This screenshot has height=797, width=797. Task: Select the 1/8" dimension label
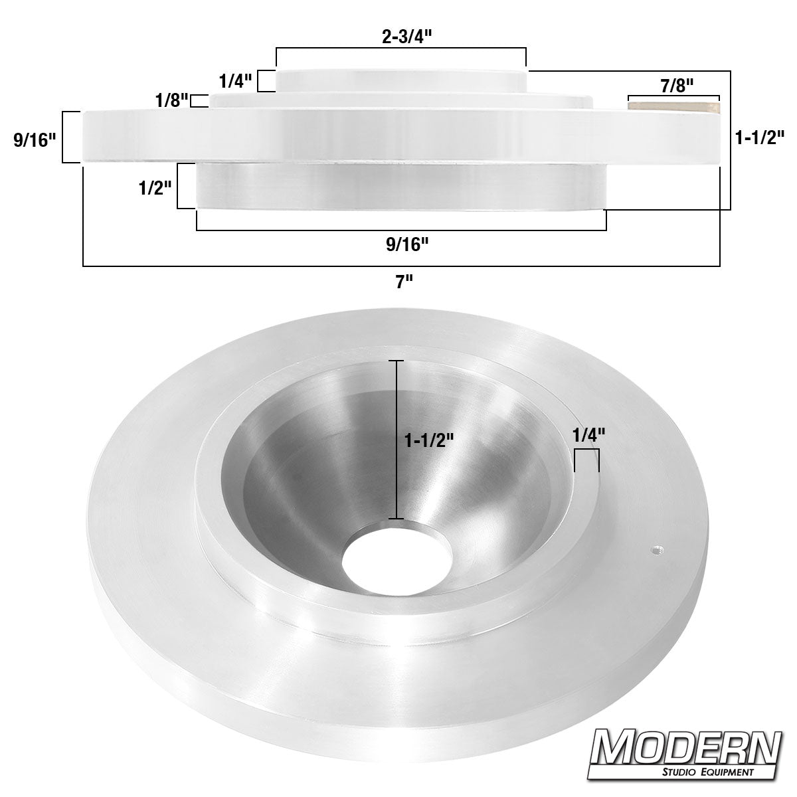click(x=171, y=101)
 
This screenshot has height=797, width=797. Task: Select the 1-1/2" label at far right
click(x=760, y=137)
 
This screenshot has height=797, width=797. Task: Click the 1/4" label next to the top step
click(x=235, y=82)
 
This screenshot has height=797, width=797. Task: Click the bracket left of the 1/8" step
click(x=197, y=101)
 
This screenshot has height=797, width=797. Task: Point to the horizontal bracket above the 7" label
click(x=401, y=266)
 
